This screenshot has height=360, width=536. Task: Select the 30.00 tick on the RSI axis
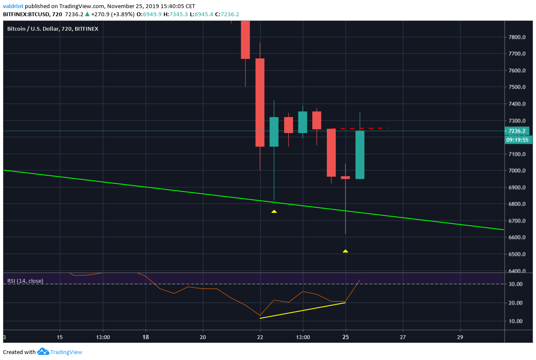coord(516,284)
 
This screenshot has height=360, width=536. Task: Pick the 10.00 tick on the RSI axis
coord(516,321)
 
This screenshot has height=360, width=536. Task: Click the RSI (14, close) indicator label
coord(25,281)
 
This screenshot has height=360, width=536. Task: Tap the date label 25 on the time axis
coord(346,337)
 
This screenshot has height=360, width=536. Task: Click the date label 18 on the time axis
coord(146,337)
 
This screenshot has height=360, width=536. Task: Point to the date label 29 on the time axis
coord(460,337)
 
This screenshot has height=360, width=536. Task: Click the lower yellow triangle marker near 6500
coord(345,251)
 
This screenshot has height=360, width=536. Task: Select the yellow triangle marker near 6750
coord(274,211)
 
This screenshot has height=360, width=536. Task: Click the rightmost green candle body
coord(360,155)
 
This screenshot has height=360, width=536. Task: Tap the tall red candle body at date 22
coord(260,102)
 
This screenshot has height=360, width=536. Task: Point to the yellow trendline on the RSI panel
coord(303,310)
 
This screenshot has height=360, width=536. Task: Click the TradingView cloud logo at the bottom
coord(43,352)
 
